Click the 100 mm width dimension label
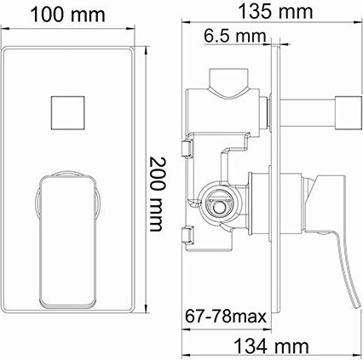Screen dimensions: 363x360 67,14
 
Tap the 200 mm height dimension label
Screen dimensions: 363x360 157,194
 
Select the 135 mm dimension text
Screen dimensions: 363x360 275,12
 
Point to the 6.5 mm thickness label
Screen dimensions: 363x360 235,37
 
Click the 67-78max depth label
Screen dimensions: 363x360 226,317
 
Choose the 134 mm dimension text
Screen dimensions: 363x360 271,346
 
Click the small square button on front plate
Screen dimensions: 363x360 68,113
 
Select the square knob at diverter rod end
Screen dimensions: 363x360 349,112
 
